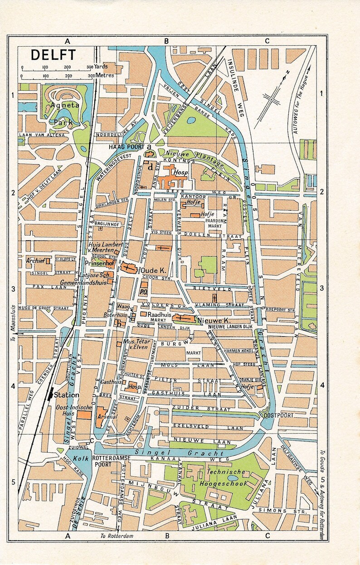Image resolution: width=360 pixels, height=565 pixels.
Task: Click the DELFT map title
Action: coord(47,54)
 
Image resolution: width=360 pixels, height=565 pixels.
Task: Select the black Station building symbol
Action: coord(50,394)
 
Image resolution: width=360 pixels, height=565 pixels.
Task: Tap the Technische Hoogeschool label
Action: coord(226,478)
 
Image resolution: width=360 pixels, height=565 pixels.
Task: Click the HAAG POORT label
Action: coord(126,147)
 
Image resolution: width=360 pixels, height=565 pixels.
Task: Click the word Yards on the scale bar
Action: coord(102,67)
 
